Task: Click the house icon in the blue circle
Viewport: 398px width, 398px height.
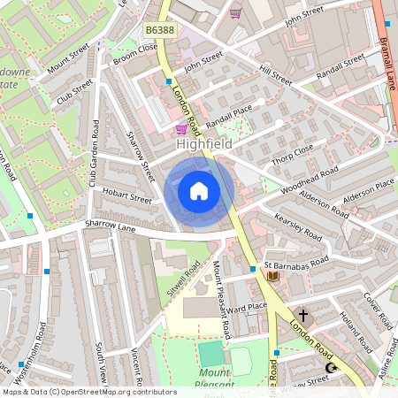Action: pyautogui.click(x=199, y=191)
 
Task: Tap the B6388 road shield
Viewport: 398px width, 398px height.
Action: pyautogui.click(x=159, y=31)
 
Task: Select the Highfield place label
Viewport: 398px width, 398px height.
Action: pyautogui.click(x=205, y=143)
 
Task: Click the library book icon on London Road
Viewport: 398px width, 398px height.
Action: pyautogui.click(x=272, y=277)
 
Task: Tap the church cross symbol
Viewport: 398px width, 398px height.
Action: pyautogui.click(x=303, y=314)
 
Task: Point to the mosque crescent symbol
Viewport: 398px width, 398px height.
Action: pyautogui.click(x=333, y=368)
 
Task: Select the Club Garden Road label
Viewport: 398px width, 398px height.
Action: pyautogui.click(x=94, y=154)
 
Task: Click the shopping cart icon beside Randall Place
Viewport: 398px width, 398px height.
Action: pyautogui.click(x=181, y=128)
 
